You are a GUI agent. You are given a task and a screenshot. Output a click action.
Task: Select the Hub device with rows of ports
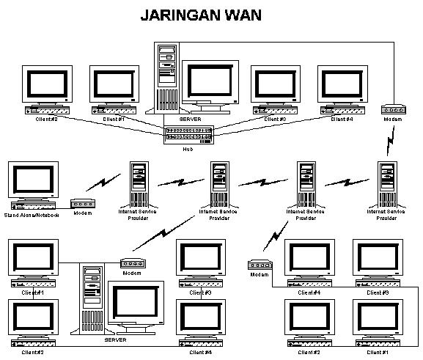[188, 133]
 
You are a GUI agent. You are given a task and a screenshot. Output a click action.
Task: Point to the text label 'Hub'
[188, 149]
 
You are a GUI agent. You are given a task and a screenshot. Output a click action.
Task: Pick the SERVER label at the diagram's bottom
[116, 340]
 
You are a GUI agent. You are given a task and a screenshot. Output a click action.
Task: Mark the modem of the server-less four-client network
[260, 265]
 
